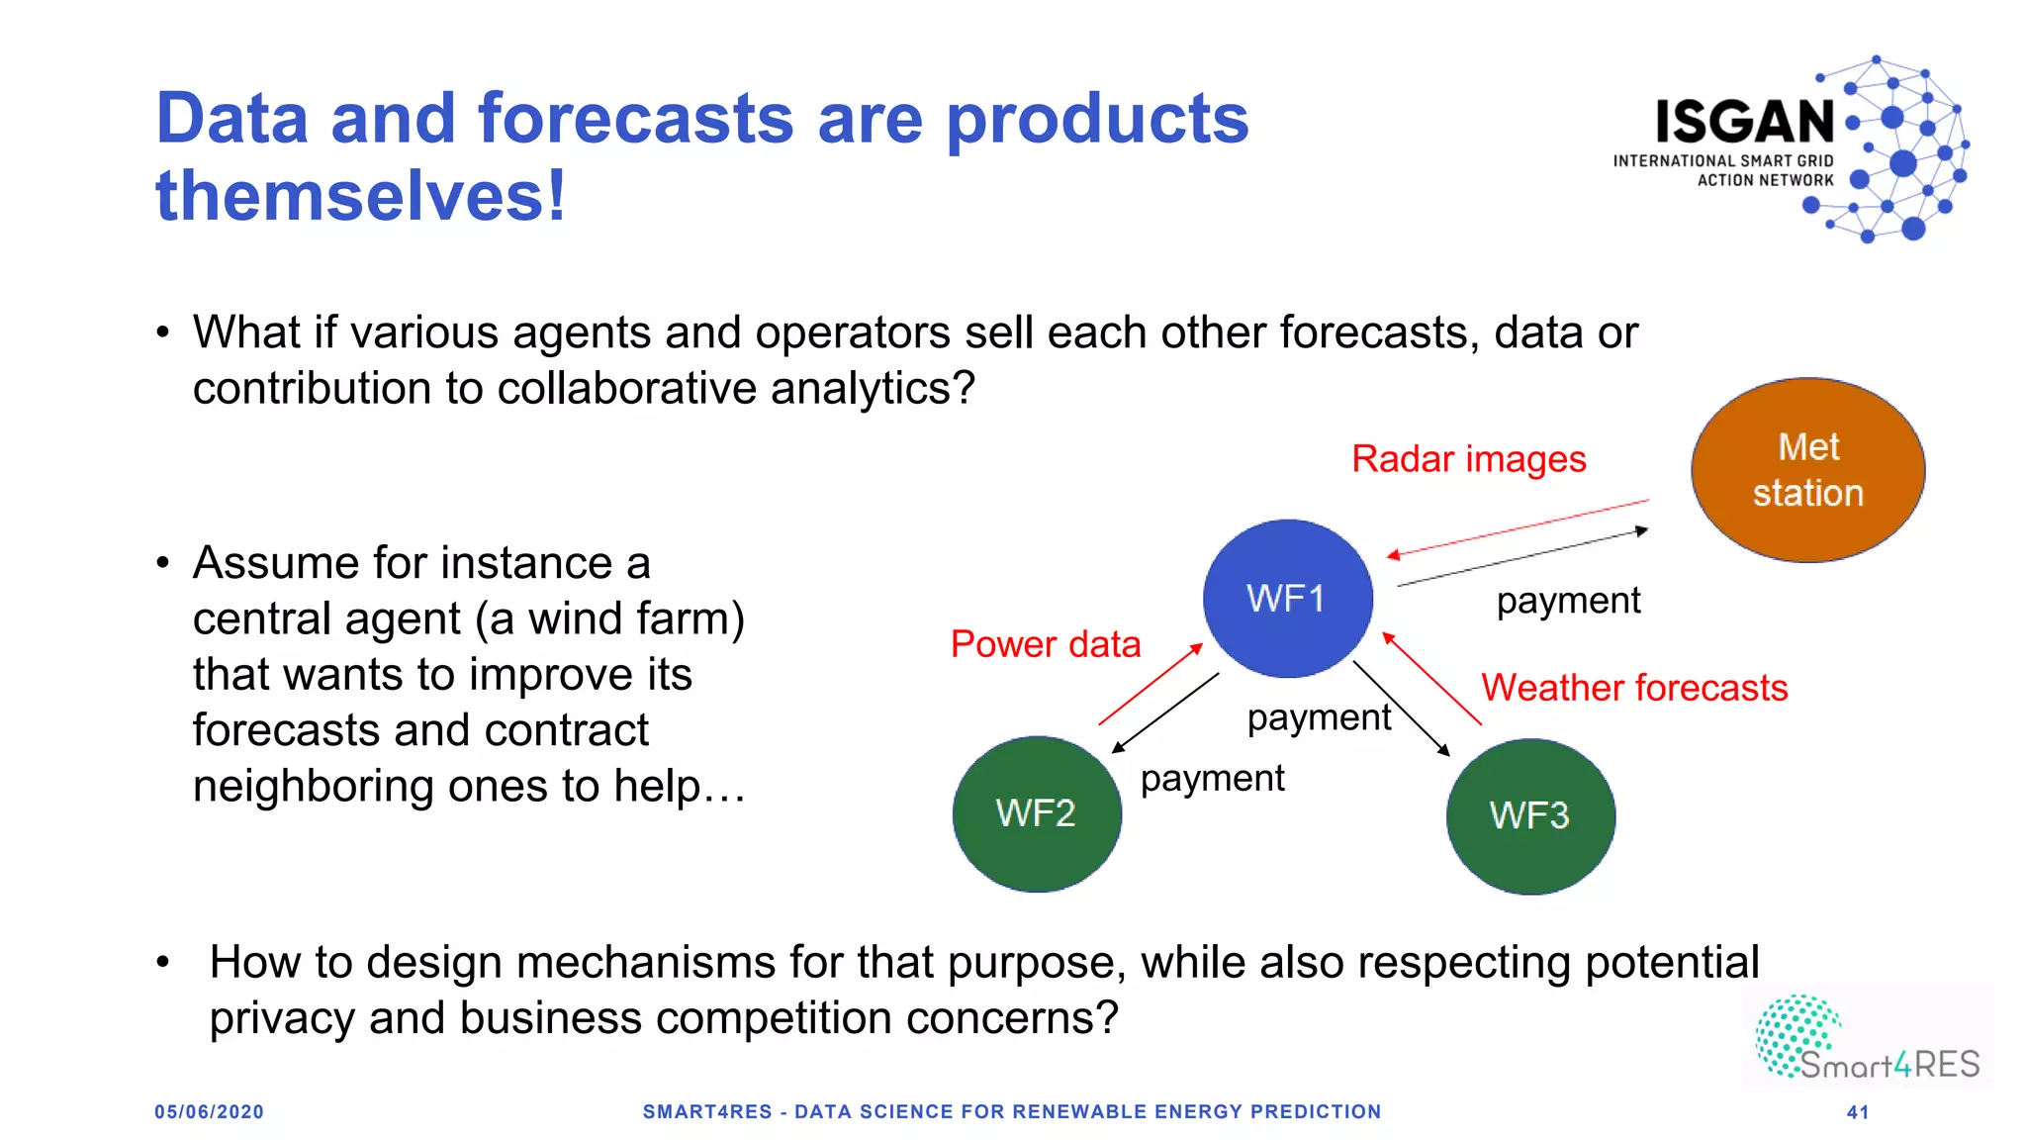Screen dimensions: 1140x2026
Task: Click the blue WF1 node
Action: [1287, 598]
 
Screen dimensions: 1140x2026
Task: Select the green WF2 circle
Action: [1036, 813]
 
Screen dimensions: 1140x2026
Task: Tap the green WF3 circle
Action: [1529, 815]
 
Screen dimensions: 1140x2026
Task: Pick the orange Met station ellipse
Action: [1807, 470]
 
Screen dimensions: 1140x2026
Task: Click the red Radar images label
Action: [1468, 459]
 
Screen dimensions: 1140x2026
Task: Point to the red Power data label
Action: [1045, 644]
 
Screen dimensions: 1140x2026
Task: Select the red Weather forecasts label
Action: [1634, 688]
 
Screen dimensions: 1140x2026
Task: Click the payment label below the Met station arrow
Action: [1568, 601]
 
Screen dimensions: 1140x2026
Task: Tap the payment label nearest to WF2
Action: [1212, 779]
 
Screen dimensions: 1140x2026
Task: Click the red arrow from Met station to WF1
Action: [1518, 528]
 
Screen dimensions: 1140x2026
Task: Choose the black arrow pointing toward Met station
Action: [1523, 558]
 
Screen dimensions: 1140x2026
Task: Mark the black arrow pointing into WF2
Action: [1165, 713]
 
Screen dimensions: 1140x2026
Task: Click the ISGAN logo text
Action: [1745, 123]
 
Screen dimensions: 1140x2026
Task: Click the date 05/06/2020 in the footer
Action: [209, 1112]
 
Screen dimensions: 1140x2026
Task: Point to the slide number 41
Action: [1858, 1112]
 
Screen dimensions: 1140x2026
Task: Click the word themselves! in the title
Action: [361, 196]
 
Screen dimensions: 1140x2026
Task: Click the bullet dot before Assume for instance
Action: [163, 563]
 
